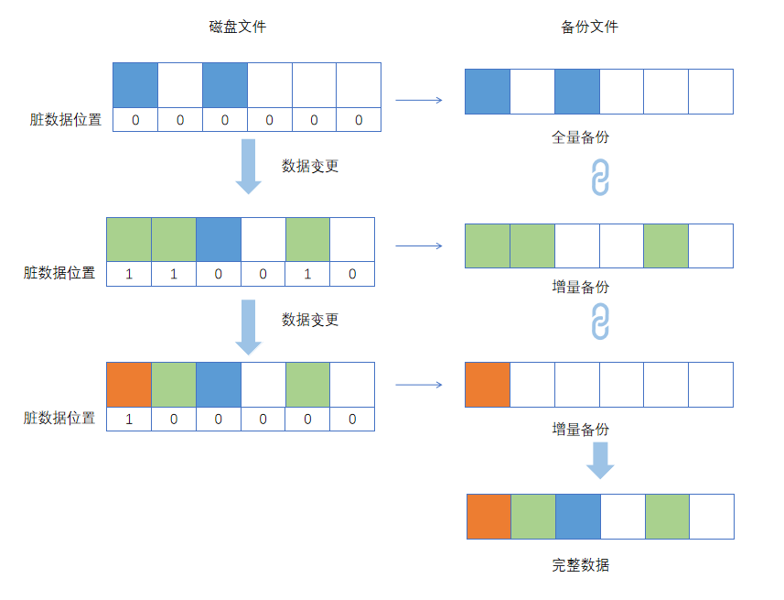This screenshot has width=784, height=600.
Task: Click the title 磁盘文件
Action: (238, 27)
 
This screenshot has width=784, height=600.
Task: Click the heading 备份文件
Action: (589, 27)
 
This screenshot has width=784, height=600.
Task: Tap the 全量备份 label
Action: (580, 137)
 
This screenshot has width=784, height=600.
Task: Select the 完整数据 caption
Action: (580, 565)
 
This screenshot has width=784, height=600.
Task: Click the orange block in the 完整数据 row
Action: (489, 517)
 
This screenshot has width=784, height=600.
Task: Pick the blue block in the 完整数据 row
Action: (578, 517)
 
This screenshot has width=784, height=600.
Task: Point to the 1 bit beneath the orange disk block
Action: (129, 419)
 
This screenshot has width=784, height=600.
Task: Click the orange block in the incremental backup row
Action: (488, 384)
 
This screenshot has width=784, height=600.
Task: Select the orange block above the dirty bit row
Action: (129, 384)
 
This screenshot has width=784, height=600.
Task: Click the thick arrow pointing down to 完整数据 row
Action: (600, 460)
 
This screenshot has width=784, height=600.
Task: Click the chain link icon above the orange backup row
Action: (600, 322)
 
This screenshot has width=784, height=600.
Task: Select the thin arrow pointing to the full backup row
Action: (419, 100)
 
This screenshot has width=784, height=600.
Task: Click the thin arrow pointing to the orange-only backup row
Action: (419, 385)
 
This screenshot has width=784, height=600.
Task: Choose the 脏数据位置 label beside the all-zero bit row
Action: (66, 120)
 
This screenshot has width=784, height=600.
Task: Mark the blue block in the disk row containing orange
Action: (219, 384)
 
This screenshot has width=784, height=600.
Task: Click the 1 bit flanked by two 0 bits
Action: (307, 274)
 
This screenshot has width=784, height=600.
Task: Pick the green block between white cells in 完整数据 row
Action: (667, 517)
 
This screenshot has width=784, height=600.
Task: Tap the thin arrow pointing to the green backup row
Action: (419, 245)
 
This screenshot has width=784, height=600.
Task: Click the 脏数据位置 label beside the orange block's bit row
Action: (59, 419)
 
